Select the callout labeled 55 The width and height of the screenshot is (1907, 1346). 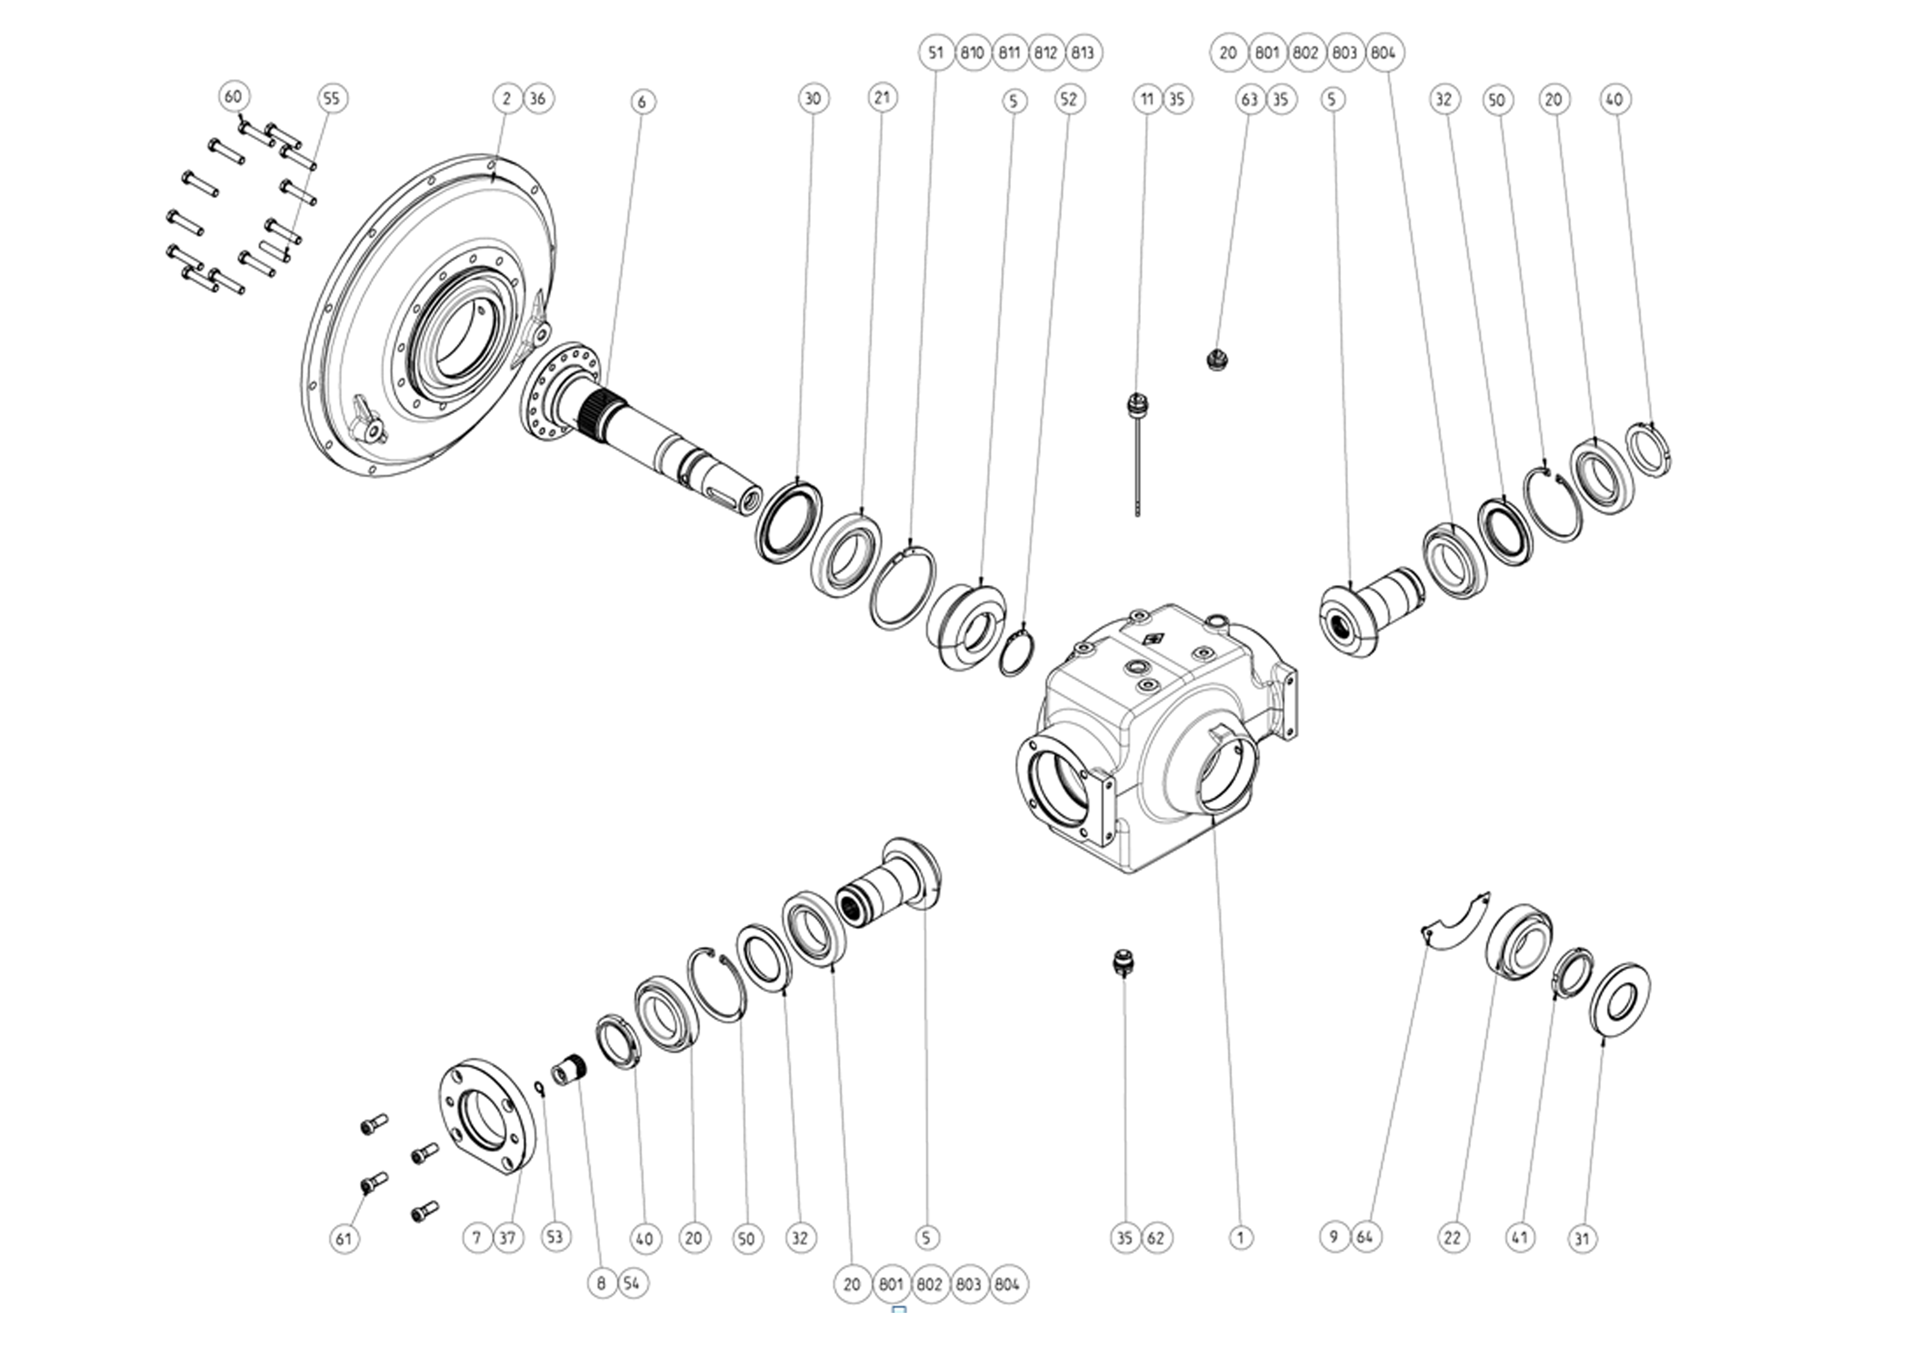tap(331, 98)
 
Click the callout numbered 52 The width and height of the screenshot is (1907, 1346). tap(1069, 99)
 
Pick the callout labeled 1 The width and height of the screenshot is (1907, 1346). tap(1241, 1237)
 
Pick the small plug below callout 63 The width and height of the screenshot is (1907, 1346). tap(1217, 360)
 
